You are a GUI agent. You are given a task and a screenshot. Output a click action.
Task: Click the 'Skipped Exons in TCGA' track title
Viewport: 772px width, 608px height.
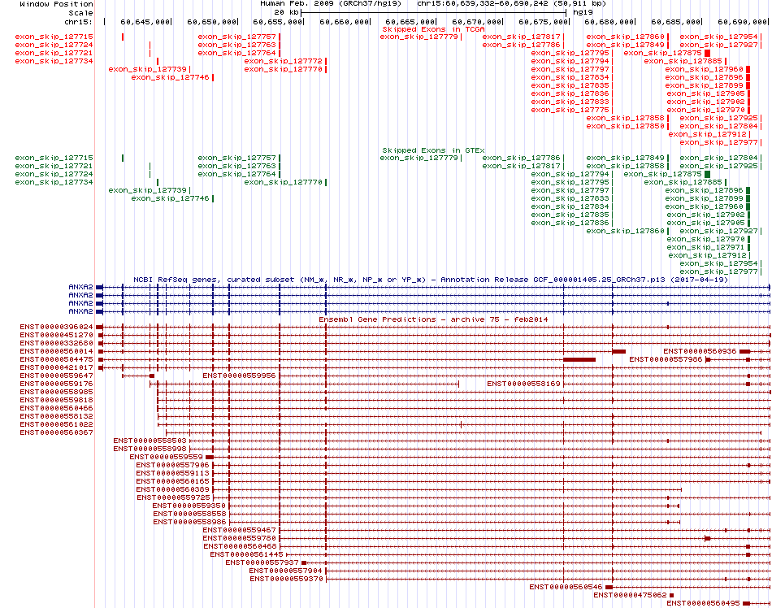click(433, 29)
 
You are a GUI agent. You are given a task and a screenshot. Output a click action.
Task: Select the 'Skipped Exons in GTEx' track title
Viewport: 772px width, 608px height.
click(433, 150)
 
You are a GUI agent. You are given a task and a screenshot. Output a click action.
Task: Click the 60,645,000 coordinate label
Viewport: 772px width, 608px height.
click(145, 22)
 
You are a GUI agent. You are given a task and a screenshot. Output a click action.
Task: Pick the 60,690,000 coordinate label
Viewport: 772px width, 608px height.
click(742, 22)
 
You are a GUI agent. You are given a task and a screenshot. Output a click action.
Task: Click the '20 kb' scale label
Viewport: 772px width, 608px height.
click(287, 12)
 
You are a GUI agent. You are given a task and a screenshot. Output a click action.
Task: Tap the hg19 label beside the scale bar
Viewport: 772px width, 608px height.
click(583, 12)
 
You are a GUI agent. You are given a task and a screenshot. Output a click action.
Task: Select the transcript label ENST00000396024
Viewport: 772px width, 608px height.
click(56, 327)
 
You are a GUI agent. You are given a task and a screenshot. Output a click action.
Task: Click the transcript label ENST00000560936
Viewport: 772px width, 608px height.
click(700, 351)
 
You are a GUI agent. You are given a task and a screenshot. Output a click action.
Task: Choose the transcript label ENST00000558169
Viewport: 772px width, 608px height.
click(523, 384)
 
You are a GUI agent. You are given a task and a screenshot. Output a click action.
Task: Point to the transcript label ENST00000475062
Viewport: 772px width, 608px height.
click(630, 595)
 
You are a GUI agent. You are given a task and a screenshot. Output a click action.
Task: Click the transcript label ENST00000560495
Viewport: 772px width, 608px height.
click(703, 603)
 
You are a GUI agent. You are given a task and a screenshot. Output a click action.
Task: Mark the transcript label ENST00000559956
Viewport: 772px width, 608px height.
click(239, 376)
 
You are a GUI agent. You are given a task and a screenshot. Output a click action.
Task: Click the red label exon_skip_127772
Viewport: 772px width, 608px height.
click(283, 61)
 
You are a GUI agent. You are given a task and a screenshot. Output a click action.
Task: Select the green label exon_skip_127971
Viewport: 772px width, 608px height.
click(705, 247)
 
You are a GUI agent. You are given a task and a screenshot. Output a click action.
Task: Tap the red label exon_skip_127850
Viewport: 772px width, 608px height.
click(625, 126)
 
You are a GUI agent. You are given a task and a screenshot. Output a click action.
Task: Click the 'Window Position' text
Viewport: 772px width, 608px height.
click(56, 4)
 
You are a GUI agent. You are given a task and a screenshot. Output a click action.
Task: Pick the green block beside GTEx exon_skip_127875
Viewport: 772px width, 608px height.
click(708, 174)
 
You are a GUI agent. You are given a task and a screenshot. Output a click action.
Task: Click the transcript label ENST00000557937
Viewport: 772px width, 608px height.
click(262, 562)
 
